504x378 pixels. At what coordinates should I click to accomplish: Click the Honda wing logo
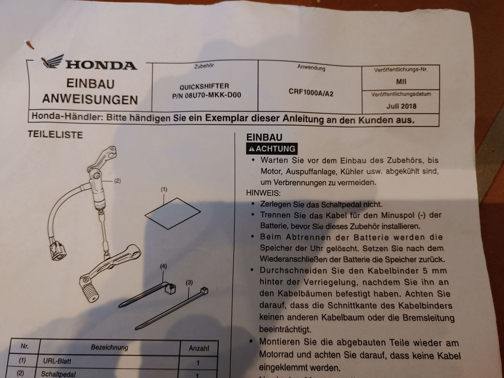(x=53, y=61)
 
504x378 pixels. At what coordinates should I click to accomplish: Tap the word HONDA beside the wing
(x=101, y=66)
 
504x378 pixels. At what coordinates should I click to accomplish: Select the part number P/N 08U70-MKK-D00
(x=207, y=95)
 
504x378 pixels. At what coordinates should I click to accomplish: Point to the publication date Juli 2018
(x=401, y=106)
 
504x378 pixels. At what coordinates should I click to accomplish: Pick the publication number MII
(x=401, y=82)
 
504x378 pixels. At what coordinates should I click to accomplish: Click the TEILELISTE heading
(x=55, y=135)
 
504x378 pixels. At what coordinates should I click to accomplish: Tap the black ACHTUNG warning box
(x=272, y=149)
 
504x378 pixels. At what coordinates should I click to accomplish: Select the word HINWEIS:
(x=263, y=193)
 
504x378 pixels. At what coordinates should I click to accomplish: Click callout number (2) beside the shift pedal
(x=117, y=181)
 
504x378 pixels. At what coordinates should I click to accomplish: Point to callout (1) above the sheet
(x=164, y=190)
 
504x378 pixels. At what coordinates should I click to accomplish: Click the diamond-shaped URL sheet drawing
(x=173, y=214)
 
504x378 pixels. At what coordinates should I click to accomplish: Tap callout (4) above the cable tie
(x=163, y=266)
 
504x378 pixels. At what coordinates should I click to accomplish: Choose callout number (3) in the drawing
(x=189, y=283)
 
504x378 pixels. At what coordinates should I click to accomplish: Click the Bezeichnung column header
(x=110, y=347)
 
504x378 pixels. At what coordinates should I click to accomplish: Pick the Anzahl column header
(x=199, y=348)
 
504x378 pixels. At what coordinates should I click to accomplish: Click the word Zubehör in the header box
(x=204, y=66)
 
